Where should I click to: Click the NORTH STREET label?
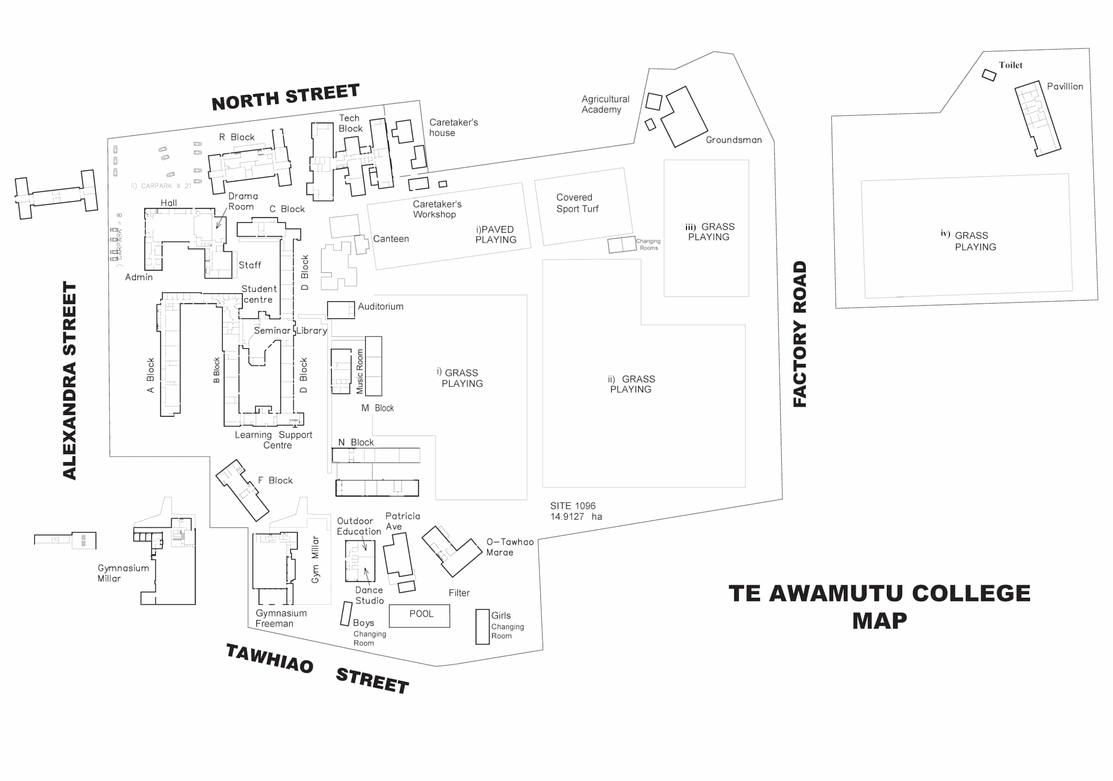point(286,97)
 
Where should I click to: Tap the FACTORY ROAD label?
point(800,334)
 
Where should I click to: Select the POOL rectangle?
point(419,616)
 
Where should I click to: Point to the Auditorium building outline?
point(340,310)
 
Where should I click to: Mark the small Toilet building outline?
point(989,75)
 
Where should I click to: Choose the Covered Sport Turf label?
point(577,203)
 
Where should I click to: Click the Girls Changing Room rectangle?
point(482,626)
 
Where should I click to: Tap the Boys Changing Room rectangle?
point(346,614)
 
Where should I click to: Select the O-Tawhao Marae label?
point(510,547)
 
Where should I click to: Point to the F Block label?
point(275,481)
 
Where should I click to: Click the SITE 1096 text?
point(573,506)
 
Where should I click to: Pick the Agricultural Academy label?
point(605,104)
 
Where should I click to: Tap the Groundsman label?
point(733,140)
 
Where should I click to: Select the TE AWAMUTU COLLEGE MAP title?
point(880,607)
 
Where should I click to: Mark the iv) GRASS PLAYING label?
point(970,241)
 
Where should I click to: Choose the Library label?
point(312,330)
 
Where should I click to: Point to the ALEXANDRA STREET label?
point(70,380)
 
